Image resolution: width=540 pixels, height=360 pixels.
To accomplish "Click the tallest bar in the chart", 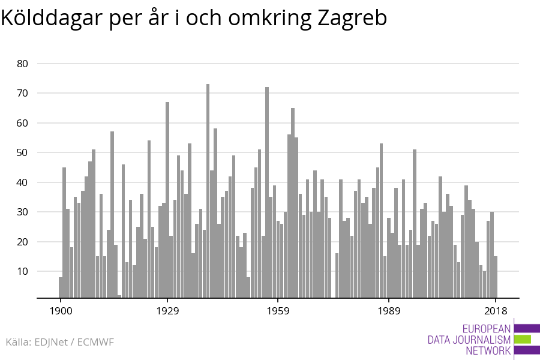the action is [x=208, y=191].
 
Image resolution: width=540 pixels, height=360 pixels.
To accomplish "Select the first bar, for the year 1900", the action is [x=61, y=287].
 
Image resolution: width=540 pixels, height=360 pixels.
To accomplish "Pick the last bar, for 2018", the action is [x=496, y=277].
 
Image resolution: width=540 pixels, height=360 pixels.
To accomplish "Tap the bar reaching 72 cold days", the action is [x=267, y=192].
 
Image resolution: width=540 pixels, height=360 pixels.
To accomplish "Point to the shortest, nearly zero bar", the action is [x=119, y=296].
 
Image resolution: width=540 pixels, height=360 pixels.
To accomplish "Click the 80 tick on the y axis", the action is [x=22, y=64].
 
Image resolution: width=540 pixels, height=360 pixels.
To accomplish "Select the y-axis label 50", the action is [x=22, y=152].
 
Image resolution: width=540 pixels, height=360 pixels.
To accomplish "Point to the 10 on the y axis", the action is [x=22, y=271].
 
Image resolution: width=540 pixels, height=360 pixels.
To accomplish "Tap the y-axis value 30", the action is [x=22, y=212].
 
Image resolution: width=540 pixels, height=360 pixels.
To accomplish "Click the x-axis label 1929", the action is [x=168, y=311].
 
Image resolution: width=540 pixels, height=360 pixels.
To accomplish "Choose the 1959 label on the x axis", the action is [x=278, y=311].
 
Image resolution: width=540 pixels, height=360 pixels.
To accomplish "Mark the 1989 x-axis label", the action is [x=389, y=311].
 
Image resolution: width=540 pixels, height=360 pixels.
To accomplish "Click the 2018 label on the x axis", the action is [x=496, y=311].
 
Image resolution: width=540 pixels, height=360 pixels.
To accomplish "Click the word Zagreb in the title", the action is [x=352, y=18].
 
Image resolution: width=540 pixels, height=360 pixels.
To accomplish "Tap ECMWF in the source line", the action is [x=95, y=342].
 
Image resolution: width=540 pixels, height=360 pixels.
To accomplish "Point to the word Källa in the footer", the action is [x=19, y=342].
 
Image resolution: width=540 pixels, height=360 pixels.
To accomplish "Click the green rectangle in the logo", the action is [x=523, y=340].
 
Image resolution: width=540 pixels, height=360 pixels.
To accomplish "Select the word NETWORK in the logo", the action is [x=488, y=351].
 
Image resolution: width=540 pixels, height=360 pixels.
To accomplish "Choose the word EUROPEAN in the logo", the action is [x=486, y=329].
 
